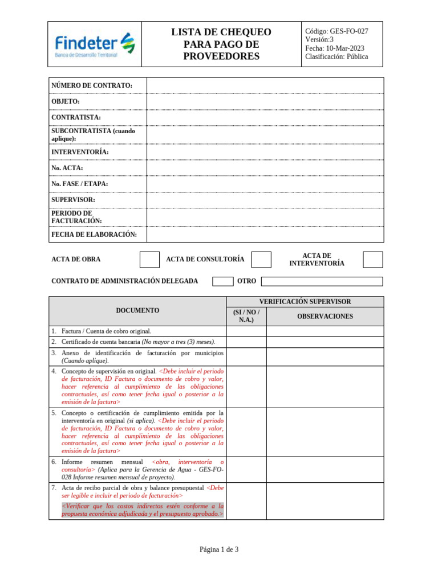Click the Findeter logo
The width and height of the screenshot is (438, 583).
click(95, 44)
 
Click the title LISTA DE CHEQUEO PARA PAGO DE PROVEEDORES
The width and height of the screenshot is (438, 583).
click(221, 44)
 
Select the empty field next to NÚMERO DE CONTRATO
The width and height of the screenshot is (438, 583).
click(265, 85)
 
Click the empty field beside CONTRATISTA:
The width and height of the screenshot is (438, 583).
click(265, 117)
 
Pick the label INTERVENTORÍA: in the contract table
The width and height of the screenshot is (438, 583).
click(80, 152)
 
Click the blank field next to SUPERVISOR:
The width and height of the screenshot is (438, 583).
click(265, 200)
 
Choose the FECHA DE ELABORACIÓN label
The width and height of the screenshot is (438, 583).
click(94, 234)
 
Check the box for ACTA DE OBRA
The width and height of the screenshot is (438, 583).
click(149, 260)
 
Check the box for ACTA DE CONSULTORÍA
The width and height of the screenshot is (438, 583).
click(261, 260)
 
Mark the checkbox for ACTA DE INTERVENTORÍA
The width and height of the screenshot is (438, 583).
click(373, 260)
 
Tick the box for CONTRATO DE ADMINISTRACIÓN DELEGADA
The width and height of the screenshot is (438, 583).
click(222, 281)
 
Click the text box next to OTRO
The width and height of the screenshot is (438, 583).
click(322, 281)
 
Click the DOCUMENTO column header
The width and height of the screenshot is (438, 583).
click(137, 310)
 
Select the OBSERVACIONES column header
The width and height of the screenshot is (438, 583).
click(325, 316)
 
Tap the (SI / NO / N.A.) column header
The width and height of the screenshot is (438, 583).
click(246, 316)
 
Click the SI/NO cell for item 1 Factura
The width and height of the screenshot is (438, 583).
click(246, 331)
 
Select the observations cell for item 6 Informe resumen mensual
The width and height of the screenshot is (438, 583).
click(325, 469)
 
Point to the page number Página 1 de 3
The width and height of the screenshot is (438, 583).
click(219, 549)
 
